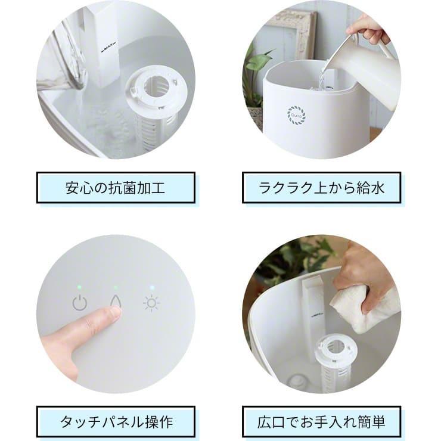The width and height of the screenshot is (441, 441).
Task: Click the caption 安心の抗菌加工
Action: [116, 188]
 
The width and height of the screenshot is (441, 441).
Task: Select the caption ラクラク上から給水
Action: [321, 188]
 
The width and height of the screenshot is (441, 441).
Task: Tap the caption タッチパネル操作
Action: [116, 422]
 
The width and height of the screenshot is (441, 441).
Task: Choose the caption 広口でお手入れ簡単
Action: [321, 422]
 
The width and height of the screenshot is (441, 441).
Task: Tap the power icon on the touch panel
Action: [80, 303]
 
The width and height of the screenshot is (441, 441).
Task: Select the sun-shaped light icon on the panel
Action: [151, 303]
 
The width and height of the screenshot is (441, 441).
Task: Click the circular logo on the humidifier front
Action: [296, 114]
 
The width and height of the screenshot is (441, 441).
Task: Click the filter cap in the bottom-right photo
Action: [336, 349]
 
